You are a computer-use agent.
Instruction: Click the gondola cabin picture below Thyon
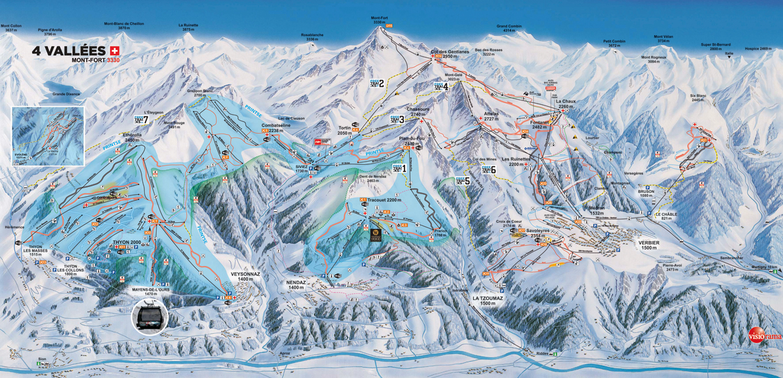[149, 317]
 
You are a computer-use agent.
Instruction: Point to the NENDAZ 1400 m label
[297, 284]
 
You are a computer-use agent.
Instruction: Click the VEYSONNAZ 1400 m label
[245, 276]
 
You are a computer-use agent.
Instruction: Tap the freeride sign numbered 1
[399, 167]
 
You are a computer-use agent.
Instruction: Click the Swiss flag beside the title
[116, 50]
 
